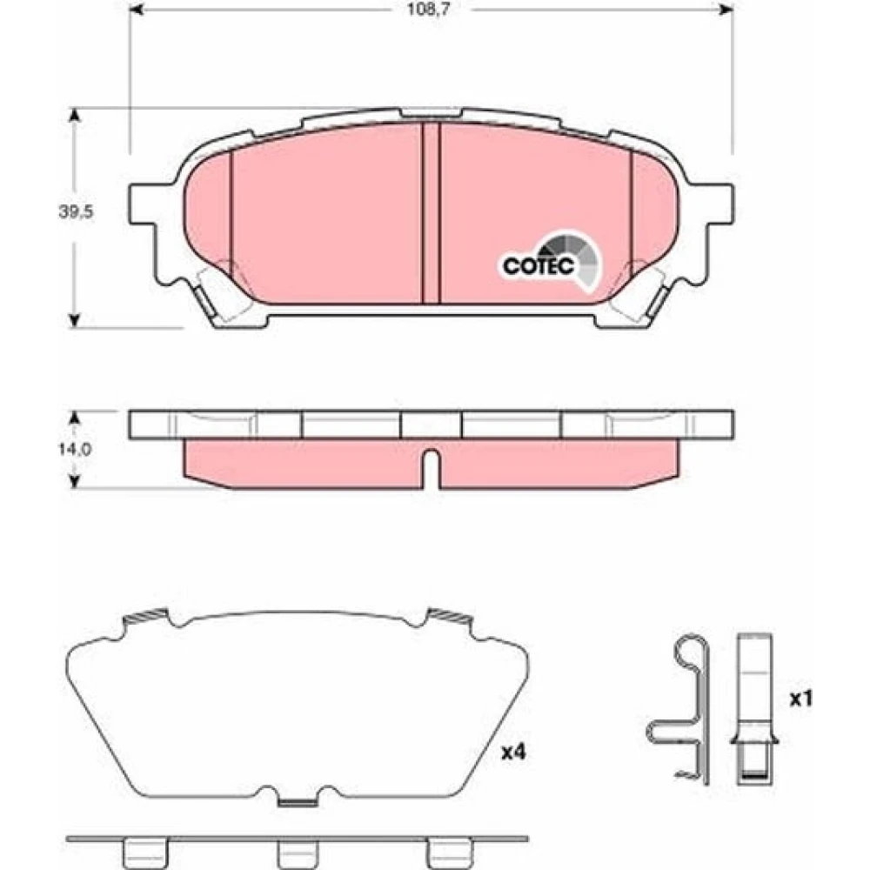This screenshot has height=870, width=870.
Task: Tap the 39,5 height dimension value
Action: pos(76,211)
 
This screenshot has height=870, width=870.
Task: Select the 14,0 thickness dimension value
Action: pos(75,449)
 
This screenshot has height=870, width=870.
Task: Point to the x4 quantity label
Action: pos(513,753)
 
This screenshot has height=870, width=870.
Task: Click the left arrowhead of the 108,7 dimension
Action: pos(137,10)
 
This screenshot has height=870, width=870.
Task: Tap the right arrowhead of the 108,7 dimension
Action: pos(726,10)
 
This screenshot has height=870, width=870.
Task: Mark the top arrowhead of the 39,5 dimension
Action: pos(74,116)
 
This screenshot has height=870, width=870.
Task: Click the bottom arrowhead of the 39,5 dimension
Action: pos(74,320)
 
